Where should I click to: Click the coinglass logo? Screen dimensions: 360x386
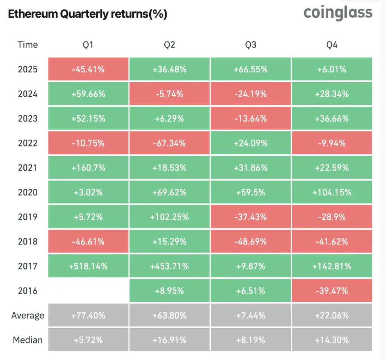click(338, 12)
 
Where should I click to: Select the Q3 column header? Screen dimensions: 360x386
click(251, 45)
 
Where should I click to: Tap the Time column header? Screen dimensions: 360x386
click(28, 45)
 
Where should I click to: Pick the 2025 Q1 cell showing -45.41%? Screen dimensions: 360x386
click(88, 69)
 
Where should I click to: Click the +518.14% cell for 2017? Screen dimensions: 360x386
click(88, 266)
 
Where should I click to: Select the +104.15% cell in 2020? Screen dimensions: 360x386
click(332, 192)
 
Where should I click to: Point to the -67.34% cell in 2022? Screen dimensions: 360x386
click(169, 143)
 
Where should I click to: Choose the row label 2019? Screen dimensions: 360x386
click(28, 217)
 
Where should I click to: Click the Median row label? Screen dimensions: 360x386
click(28, 340)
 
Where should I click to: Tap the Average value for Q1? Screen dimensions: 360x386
click(88, 315)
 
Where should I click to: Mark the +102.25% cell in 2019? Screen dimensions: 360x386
click(169, 217)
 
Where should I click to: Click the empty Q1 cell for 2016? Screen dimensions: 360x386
click(88, 291)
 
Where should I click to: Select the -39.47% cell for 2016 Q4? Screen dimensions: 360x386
click(332, 291)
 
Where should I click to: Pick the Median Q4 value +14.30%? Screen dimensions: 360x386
click(332, 340)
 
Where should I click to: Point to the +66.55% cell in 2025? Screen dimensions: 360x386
click(251, 69)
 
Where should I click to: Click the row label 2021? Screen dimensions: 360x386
click(28, 168)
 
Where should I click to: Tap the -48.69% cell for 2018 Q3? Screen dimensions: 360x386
click(251, 242)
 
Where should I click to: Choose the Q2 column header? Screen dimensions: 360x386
click(169, 45)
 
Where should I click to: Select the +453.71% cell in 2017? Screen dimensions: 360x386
click(169, 266)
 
